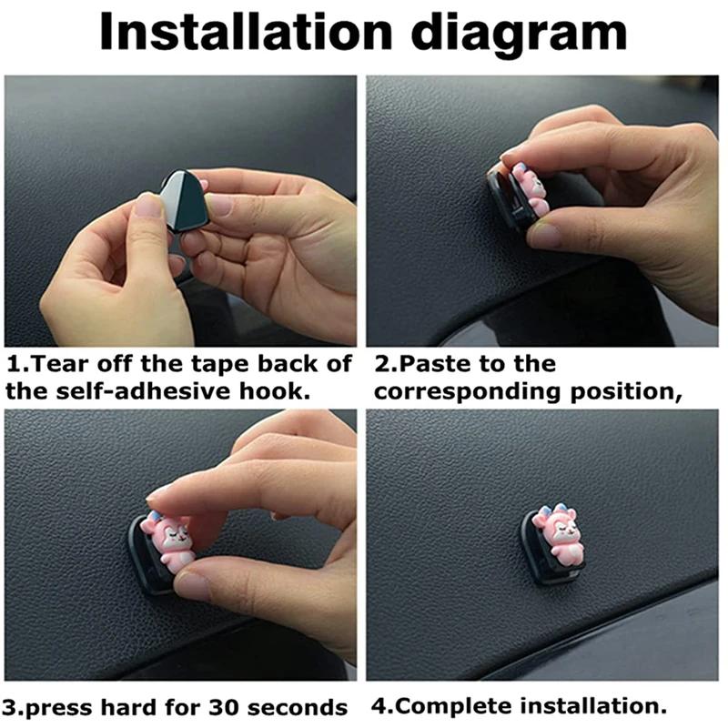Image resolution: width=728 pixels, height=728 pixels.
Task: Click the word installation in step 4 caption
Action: tap(589, 706)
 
